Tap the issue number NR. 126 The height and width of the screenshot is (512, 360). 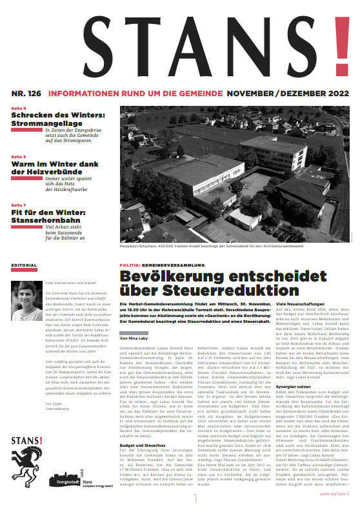click(26, 93)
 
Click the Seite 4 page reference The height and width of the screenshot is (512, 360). click(19, 108)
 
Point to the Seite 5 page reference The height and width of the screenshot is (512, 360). click(19, 157)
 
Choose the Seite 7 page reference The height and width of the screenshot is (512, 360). click(19, 205)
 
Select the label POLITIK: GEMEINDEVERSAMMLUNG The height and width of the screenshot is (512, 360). click(160, 265)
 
